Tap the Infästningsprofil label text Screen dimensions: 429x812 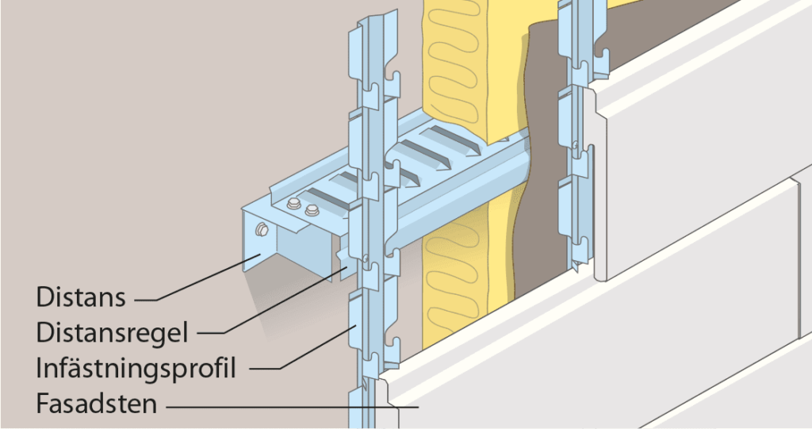(x=136, y=369)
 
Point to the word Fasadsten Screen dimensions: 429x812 (x=96, y=404)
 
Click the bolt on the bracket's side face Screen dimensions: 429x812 (x=261, y=230)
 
